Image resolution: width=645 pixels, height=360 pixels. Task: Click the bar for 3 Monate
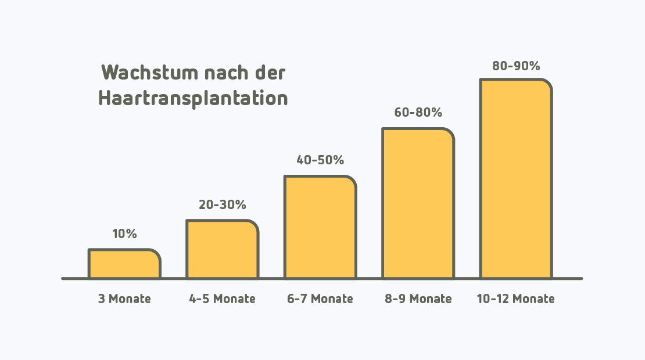[124, 264]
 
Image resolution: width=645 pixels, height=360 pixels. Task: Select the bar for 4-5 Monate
[222, 250]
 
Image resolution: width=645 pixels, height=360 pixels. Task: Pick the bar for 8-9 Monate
[418, 203]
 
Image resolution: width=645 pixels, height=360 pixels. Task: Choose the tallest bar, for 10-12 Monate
[515, 179]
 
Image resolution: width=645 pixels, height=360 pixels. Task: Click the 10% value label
[124, 235]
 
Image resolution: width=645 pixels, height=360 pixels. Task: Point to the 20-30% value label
[222, 205]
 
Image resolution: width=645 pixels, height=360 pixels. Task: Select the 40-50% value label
[320, 160]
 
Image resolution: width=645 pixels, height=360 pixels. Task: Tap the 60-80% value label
[418, 113]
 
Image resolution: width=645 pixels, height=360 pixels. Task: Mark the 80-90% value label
[515, 66]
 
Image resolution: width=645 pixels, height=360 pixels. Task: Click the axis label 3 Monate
[124, 299]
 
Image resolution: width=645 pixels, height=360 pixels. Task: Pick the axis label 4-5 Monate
[222, 299]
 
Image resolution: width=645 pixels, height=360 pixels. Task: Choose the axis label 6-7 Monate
[320, 299]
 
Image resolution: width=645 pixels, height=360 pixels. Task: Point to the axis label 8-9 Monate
[418, 299]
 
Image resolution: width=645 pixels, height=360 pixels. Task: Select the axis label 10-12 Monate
[515, 299]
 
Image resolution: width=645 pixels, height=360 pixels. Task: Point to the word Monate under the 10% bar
[130, 299]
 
